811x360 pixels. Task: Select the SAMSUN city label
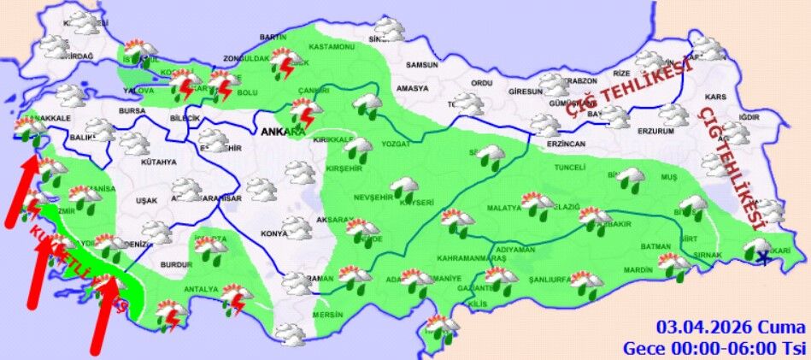[x=421, y=64]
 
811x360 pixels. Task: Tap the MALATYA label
[x=504, y=208]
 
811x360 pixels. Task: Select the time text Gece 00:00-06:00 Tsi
[x=714, y=348]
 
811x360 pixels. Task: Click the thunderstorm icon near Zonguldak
[x=285, y=62]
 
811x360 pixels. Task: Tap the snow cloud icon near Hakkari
[x=757, y=249]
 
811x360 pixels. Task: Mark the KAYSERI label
[x=417, y=203]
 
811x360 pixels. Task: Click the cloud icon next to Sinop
[x=390, y=31]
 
